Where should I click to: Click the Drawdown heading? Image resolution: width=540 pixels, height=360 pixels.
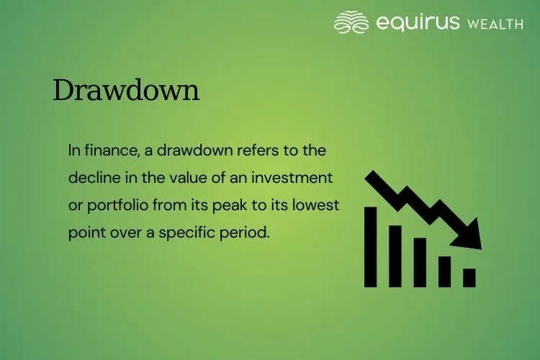[x=126, y=91]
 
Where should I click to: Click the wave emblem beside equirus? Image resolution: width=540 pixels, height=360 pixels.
[x=352, y=22]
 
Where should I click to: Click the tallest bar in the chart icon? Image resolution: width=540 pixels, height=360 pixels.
[x=372, y=246]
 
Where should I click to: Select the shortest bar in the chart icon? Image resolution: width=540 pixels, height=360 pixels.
[x=469, y=277]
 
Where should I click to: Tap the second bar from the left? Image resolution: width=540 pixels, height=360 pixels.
[x=395, y=256]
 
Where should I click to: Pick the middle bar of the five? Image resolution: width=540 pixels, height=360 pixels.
[x=420, y=262]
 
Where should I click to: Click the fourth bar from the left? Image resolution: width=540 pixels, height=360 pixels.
[x=444, y=271]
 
